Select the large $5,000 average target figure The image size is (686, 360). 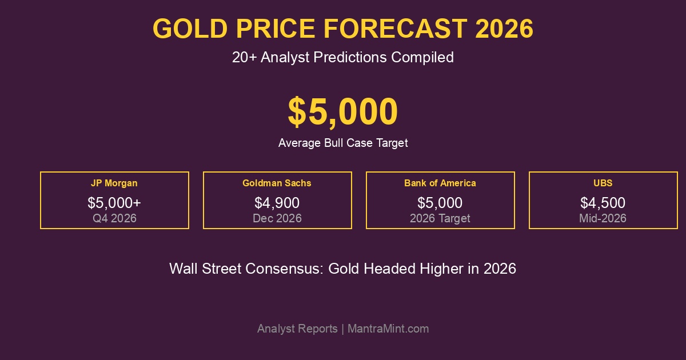[x=343, y=111]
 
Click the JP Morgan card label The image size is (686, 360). [x=114, y=183]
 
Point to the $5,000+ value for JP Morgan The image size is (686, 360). [x=114, y=203]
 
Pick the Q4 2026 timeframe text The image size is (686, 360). [x=114, y=218]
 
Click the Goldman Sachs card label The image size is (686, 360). [x=277, y=183]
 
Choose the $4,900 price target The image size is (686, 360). [x=277, y=203]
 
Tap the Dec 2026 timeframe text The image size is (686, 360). [x=277, y=218]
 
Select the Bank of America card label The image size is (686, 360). [x=440, y=183]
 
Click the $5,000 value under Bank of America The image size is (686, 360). [x=440, y=203]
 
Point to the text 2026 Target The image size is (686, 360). [x=440, y=218]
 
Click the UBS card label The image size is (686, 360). [x=603, y=183]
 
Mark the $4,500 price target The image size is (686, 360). [x=603, y=203]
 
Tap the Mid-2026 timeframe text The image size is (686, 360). [x=603, y=218]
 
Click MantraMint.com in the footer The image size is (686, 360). [x=388, y=329]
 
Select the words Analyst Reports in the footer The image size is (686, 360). [x=297, y=329]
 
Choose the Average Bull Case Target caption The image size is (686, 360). [x=343, y=143]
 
